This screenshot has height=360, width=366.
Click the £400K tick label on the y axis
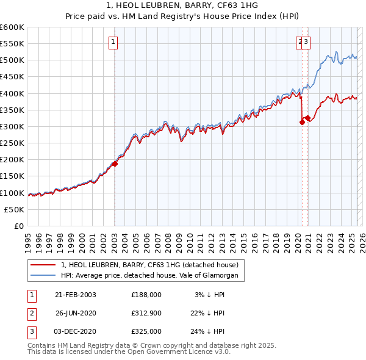(12, 93)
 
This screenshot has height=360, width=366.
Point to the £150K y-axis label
(12, 176)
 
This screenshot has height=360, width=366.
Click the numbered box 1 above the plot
(114, 42)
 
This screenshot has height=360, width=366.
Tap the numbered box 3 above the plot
(306, 42)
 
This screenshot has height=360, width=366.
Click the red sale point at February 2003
(115, 164)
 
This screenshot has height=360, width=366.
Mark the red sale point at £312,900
(302, 122)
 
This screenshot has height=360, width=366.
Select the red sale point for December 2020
(307, 118)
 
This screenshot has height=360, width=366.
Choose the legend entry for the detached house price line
(152, 265)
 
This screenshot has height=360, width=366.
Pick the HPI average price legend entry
(152, 276)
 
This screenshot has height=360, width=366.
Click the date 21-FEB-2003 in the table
(75, 294)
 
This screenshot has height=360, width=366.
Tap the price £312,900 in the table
(146, 313)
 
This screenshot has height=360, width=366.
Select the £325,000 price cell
(146, 331)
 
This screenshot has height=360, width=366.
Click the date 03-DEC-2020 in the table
(75, 331)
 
